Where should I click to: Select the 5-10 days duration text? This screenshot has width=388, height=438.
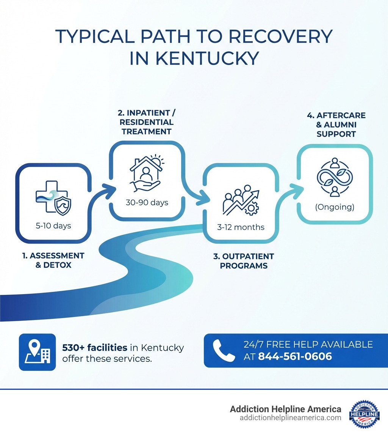point(53,226)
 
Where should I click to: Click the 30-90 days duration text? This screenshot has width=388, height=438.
point(147,202)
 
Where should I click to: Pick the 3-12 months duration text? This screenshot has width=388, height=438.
point(241,227)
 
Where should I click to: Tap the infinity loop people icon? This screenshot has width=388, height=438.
point(334,177)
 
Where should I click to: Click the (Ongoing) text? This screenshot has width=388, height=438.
point(335,207)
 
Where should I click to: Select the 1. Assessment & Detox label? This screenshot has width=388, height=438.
point(53,260)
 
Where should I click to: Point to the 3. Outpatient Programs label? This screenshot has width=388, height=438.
point(243,261)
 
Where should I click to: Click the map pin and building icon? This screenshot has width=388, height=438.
point(37,352)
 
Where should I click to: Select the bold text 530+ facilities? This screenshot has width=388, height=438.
point(94,347)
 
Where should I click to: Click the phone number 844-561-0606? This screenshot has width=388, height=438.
point(295,356)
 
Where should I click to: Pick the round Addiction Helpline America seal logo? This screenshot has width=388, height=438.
point(364,414)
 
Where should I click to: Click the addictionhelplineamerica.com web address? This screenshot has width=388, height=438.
point(290,418)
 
